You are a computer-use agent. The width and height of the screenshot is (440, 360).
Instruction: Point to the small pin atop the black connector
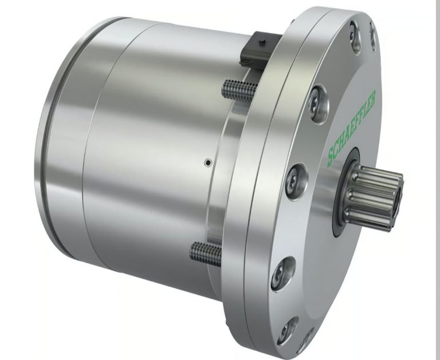262,42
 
